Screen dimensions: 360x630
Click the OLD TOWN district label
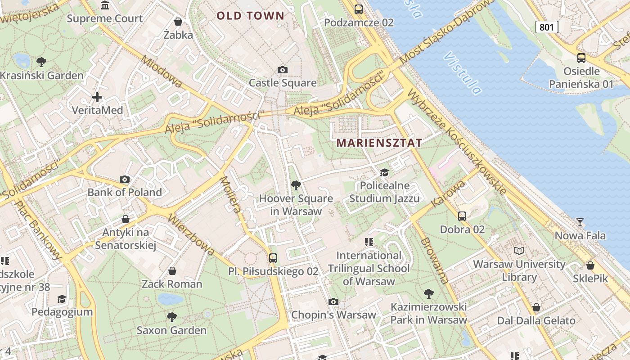click(x=251, y=16)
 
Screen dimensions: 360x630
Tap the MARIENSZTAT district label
click(x=379, y=143)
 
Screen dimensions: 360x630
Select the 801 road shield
click(x=547, y=27)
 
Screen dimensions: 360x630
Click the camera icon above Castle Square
click(x=283, y=70)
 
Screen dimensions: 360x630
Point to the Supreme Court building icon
click(x=105, y=5)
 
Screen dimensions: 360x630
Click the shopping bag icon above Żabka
click(x=178, y=22)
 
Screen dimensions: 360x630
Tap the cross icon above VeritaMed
click(x=97, y=97)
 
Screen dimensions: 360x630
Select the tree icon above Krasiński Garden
click(x=41, y=62)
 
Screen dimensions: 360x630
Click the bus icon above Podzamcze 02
click(x=359, y=9)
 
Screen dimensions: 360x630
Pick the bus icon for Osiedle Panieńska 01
click(x=581, y=58)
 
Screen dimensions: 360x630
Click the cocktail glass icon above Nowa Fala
click(x=580, y=222)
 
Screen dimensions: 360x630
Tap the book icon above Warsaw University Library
click(x=519, y=251)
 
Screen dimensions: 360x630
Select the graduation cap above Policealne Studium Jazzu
click(x=384, y=172)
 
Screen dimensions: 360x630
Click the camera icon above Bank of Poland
click(x=125, y=179)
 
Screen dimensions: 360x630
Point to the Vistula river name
click(x=463, y=72)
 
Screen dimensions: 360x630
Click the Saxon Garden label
click(x=171, y=330)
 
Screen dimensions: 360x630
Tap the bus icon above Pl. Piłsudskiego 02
click(x=273, y=258)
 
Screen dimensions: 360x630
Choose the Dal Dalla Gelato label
click(x=536, y=321)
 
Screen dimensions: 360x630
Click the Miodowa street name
click(x=162, y=72)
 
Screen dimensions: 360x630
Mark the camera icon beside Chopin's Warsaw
click(x=333, y=301)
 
